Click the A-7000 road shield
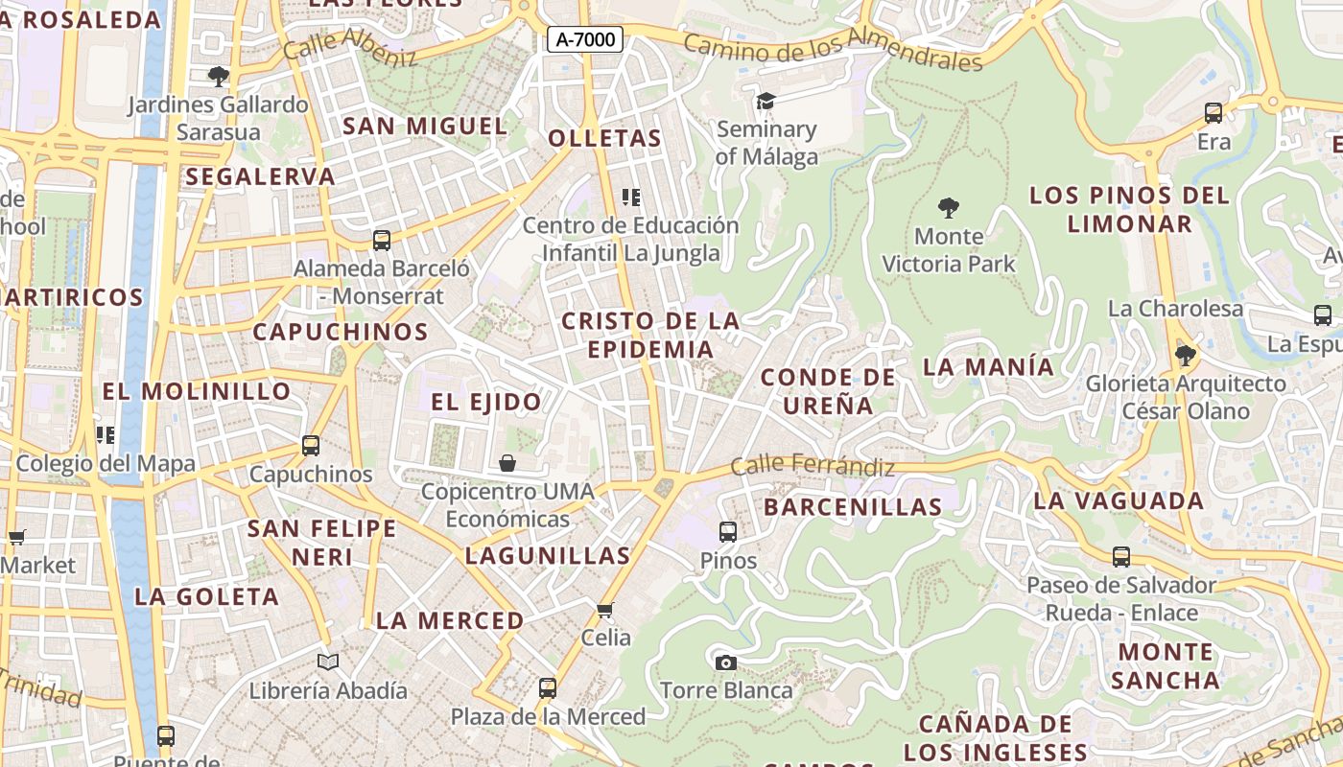tap(585, 39)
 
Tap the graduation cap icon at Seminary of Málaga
tap(766, 101)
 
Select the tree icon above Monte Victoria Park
tap(949, 207)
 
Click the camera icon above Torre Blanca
tap(726, 662)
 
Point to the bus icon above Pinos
tap(728, 531)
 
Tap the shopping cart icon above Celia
tap(605, 610)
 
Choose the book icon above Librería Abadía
tap(328, 662)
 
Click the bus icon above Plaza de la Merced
tap(548, 687)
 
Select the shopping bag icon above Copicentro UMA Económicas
tap(507, 464)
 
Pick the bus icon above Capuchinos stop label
tap(311, 445)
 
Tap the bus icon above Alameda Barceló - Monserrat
tap(382, 240)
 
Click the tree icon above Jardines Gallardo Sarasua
tap(219, 76)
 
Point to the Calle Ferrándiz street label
tap(813, 466)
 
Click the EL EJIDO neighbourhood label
tap(486, 402)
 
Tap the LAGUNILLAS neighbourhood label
tap(548, 555)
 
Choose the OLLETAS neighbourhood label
tap(604, 138)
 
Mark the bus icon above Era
tap(1213, 113)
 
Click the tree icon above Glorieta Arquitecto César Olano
tap(1186, 356)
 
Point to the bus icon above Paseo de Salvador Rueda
tap(1121, 556)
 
